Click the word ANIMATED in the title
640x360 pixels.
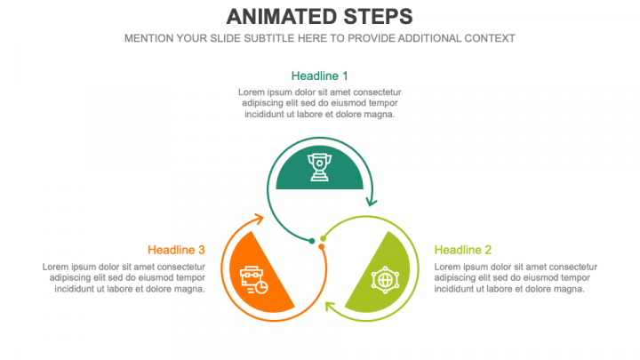pyautogui.click(x=282, y=17)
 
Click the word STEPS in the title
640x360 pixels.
pyautogui.click(x=378, y=17)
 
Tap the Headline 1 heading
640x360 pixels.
pyautogui.click(x=320, y=76)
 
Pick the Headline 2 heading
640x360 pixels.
pyautogui.click(x=463, y=250)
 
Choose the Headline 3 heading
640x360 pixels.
pyautogui.click(x=176, y=250)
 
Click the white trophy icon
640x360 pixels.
pyautogui.click(x=320, y=167)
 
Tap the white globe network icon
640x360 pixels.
pyautogui.click(x=385, y=280)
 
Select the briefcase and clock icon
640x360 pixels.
pyautogui.click(x=254, y=280)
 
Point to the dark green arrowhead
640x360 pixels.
pyautogui.click(x=372, y=202)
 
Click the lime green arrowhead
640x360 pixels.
pyautogui.click(x=330, y=306)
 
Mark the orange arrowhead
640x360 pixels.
pyautogui.click(x=259, y=219)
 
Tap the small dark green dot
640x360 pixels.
pyautogui.click(x=312, y=241)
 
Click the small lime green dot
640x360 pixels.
pyautogui.click(x=324, y=238)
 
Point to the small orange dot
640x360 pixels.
pyautogui.click(x=322, y=246)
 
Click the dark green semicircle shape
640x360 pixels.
pyautogui.click(x=320, y=167)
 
